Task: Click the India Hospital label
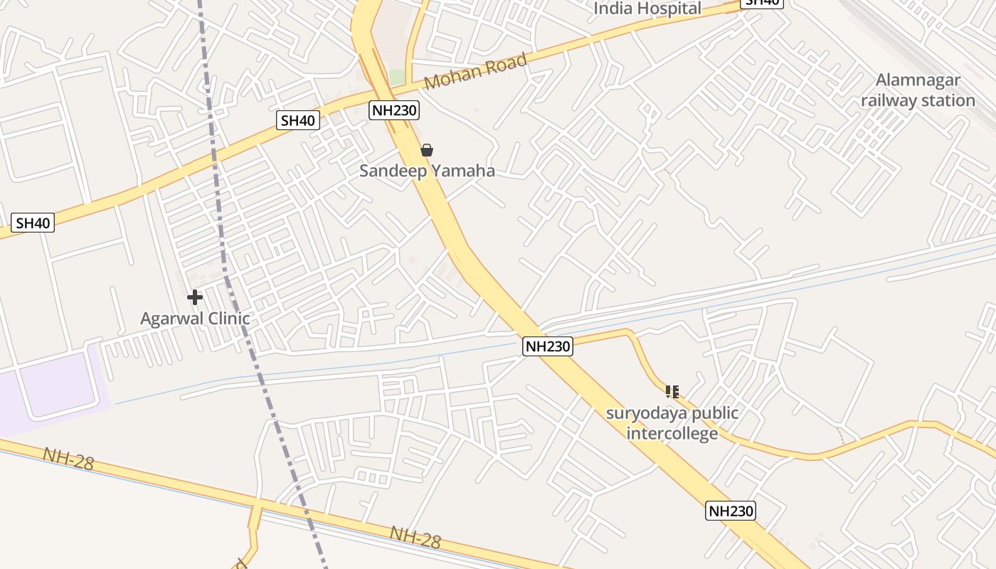[647, 9]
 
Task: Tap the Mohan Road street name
[476, 71]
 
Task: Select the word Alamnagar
[918, 80]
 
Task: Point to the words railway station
[918, 100]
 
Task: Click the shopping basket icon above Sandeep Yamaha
[427, 150]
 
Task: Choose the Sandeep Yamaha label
[427, 171]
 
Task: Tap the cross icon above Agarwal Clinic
[195, 297]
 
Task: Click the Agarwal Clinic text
[195, 318]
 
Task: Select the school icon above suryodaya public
[672, 392]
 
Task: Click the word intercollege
[672, 433]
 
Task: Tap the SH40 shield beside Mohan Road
[297, 120]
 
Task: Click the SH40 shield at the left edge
[33, 223]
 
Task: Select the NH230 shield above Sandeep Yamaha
[394, 110]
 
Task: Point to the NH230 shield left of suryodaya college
[547, 346]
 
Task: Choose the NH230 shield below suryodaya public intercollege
[731, 511]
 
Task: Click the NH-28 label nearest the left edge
[68, 459]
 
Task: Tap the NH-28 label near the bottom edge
[415, 537]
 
